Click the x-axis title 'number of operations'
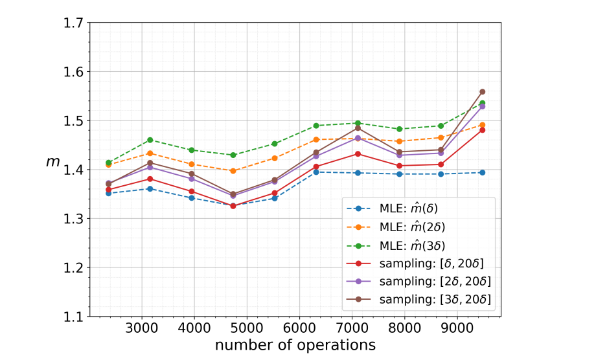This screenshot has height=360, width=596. click(295, 345)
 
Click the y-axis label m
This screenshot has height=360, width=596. click(52, 161)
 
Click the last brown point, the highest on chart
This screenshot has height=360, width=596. click(482, 92)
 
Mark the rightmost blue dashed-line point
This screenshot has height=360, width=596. click(482, 172)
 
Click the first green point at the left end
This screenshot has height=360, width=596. click(108, 163)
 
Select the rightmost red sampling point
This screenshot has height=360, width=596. click(482, 130)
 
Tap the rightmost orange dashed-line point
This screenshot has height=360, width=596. click(482, 125)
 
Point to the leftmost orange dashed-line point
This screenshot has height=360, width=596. click(108, 165)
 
